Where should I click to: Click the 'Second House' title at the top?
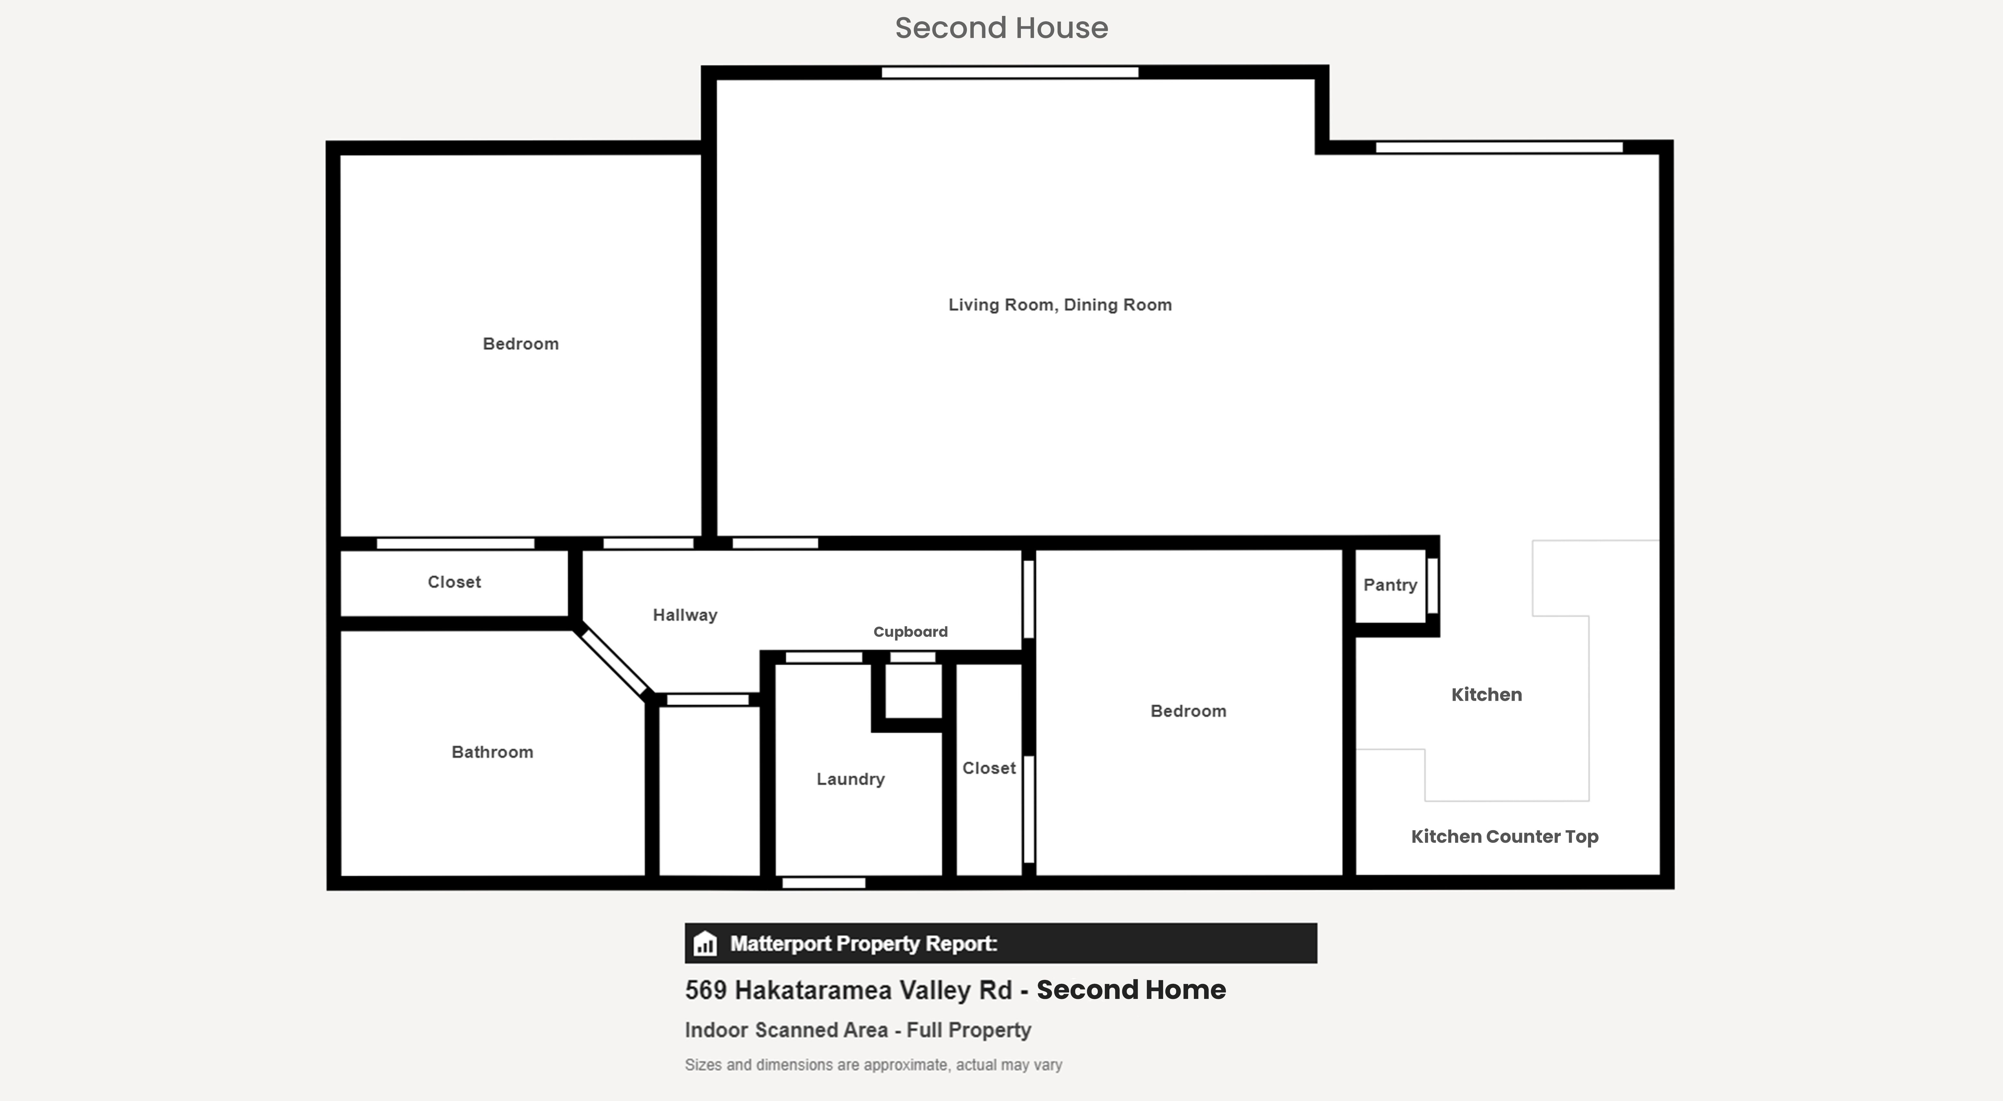[x=1001, y=28]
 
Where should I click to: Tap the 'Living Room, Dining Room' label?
[x=1060, y=305]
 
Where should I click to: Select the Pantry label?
[x=1390, y=585]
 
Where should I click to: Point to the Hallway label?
[x=685, y=615]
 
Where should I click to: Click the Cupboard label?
[x=910, y=631]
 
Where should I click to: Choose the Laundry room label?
[x=851, y=779]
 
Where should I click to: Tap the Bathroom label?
[x=492, y=752]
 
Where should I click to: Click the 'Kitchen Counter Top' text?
[x=1505, y=837]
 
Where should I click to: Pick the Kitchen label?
[x=1487, y=694]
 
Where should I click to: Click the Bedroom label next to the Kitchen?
[x=1188, y=711]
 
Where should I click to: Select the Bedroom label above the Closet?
[x=520, y=344]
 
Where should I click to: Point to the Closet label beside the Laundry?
[x=989, y=768]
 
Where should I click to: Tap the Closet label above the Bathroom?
[x=454, y=582]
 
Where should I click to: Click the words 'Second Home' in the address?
[x=1131, y=990]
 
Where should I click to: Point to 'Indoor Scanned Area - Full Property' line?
[x=858, y=1030]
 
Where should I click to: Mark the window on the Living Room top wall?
[x=1010, y=72]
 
